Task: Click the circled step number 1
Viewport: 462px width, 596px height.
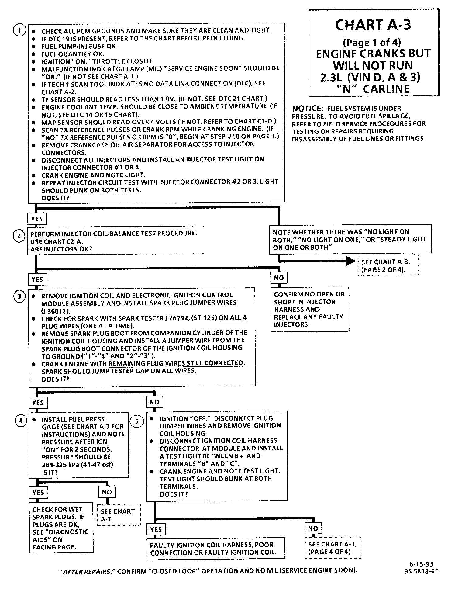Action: tap(19, 30)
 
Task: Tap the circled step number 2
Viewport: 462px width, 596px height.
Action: tap(19, 236)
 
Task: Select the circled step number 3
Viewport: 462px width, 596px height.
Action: tap(19, 296)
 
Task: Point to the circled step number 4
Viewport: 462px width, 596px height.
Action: tap(21, 421)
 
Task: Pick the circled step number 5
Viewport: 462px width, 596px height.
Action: tap(137, 421)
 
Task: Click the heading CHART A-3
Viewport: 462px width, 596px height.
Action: tap(373, 25)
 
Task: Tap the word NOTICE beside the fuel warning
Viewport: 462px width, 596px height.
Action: tap(306, 109)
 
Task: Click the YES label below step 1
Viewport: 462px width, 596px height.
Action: tap(37, 219)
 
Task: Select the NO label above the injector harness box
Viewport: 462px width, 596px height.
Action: tap(279, 278)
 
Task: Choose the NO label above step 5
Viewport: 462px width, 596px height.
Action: tap(154, 402)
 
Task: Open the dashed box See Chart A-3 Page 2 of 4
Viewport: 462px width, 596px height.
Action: tap(388, 265)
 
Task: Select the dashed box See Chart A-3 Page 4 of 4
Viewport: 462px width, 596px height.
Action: tap(333, 548)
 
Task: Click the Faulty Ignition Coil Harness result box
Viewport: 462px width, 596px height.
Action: tap(215, 549)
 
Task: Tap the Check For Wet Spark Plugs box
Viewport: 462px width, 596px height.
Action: tap(61, 528)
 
